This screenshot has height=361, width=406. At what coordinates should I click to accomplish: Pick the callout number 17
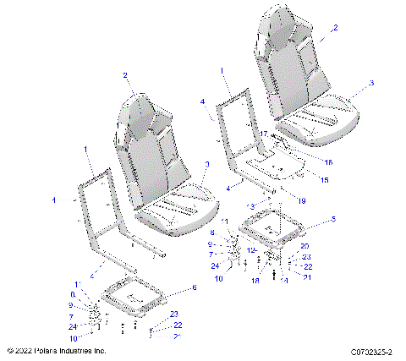pyautogui.click(x=264, y=134)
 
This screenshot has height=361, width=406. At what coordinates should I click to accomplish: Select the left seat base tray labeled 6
pyautogui.click(x=133, y=295)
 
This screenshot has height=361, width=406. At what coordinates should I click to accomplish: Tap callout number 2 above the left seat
pyautogui.click(x=126, y=75)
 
